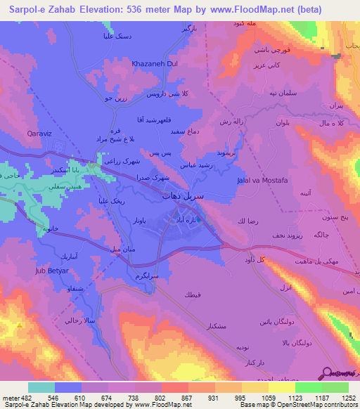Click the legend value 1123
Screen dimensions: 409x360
296,397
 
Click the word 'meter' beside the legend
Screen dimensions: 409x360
9,397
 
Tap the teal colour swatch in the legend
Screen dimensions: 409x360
41,387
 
